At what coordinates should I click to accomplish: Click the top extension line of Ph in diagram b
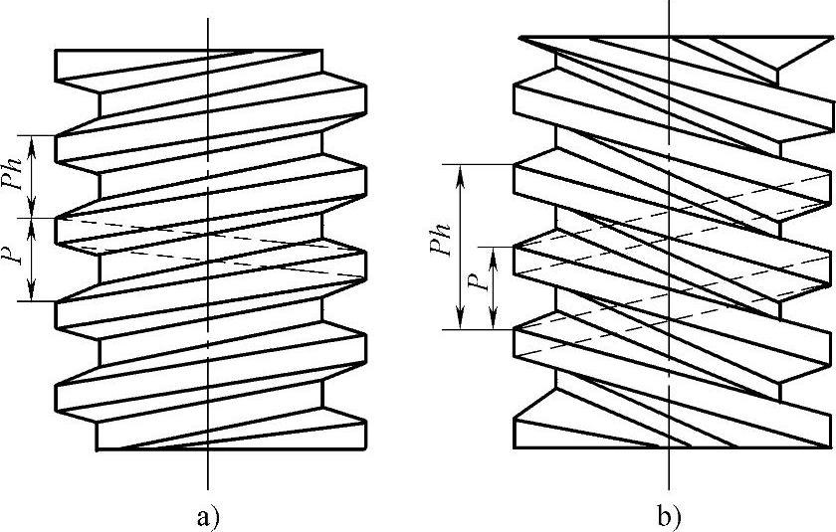(x=478, y=164)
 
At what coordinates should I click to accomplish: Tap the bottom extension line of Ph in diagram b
(x=478, y=328)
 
